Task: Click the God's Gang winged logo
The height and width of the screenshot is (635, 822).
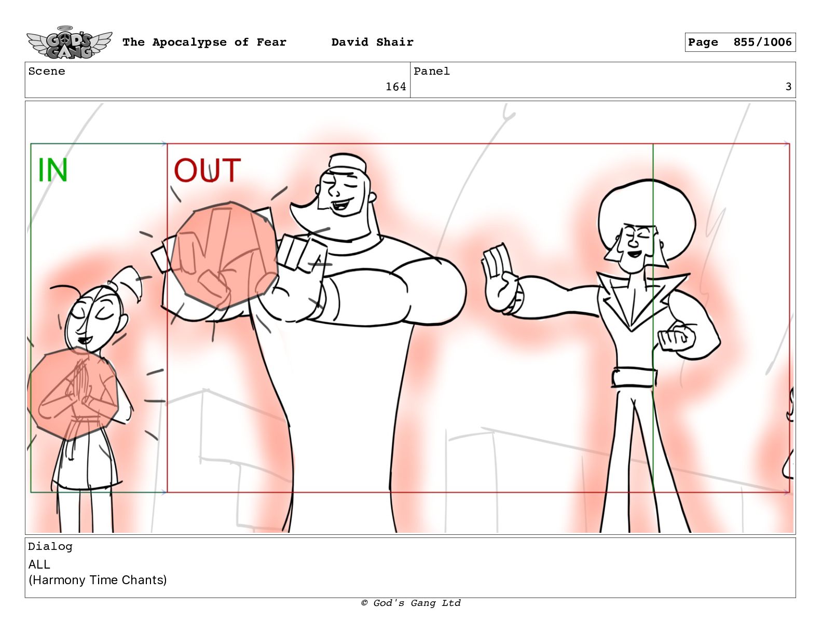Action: click(69, 43)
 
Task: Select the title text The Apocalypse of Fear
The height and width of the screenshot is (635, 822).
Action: click(204, 42)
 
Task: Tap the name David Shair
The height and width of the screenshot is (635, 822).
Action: click(372, 42)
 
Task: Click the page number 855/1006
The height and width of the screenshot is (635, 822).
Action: click(762, 42)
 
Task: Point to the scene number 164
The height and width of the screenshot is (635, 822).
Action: click(395, 87)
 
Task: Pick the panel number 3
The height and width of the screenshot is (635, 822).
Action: click(788, 87)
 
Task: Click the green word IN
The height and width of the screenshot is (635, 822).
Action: click(52, 170)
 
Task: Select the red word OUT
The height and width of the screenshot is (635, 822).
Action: click(207, 170)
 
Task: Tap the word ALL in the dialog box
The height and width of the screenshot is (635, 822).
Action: click(39, 564)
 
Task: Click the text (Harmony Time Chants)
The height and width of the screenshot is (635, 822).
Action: click(98, 580)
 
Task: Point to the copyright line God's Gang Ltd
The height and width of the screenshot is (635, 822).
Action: click(411, 603)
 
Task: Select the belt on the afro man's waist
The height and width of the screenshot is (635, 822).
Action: click(634, 378)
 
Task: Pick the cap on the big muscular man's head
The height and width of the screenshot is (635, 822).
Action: click(347, 162)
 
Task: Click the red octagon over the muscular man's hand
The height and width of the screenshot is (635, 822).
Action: click(224, 255)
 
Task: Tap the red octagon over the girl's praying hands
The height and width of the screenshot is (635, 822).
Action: click(73, 393)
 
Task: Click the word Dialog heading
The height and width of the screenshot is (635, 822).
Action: click(50, 546)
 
